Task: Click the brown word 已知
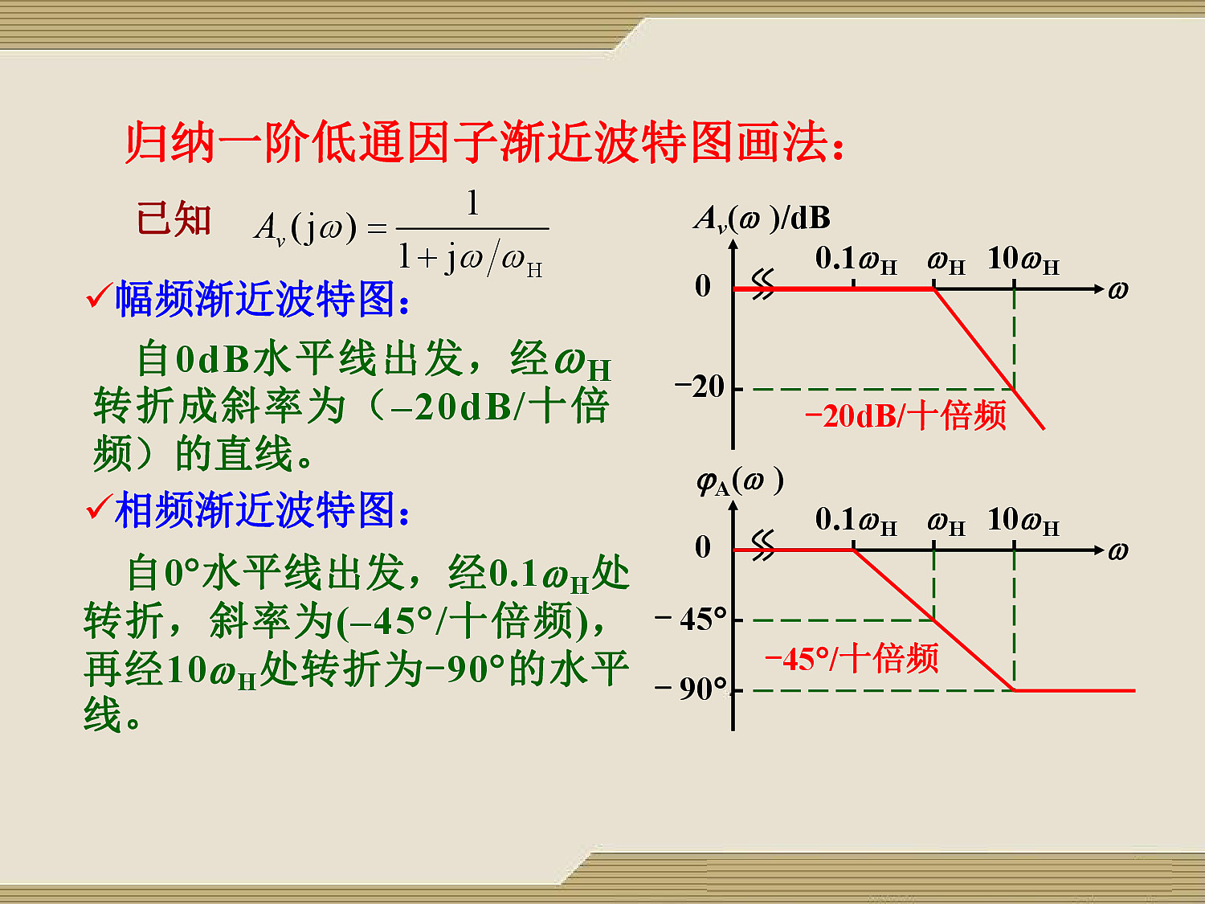(174, 219)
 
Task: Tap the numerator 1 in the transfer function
(472, 202)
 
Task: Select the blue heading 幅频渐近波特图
(262, 299)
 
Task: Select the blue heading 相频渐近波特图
(262, 510)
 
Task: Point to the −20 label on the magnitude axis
(700, 387)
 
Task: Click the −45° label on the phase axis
(691, 620)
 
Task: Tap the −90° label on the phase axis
(691, 689)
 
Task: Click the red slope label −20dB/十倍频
(905, 415)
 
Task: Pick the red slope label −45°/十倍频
(852, 659)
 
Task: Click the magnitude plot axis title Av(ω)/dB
(762, 219)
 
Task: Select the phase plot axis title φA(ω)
(740, 481)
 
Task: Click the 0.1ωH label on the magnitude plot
(856, 260)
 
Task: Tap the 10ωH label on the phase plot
(1023, 521)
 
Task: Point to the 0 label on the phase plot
(703, 547)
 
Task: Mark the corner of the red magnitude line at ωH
(933, 288)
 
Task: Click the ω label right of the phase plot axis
(1117, 550)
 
